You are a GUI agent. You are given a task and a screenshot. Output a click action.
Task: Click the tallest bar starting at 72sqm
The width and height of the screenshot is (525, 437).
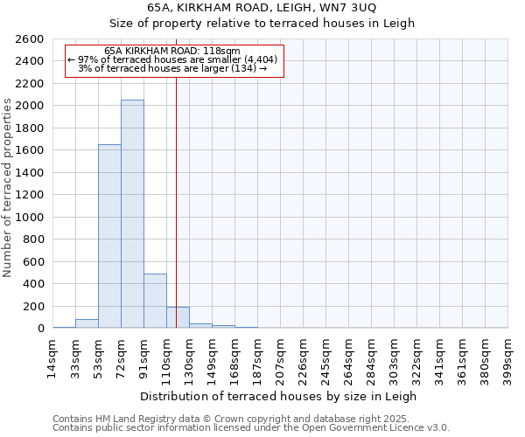click(x=132, y=214)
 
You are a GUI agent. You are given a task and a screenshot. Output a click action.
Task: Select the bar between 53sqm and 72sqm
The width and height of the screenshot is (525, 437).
click(x=109, y=236)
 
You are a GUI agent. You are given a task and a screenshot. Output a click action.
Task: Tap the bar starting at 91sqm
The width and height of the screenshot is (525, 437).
click(x=155, y=301)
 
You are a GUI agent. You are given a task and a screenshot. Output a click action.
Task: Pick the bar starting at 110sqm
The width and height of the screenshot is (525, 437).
click(x=178, y=317)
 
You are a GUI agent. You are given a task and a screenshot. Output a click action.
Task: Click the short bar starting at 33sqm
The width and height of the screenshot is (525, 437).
click(x=87, y=323)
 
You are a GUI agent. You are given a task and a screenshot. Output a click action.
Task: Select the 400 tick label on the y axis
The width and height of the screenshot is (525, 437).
click(x=34, y=284)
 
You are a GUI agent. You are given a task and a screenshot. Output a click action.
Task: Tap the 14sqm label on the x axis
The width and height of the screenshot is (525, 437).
click(x=53, y=358)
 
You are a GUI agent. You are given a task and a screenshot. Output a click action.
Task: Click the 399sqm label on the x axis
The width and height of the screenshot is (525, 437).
click(x=508, y=358)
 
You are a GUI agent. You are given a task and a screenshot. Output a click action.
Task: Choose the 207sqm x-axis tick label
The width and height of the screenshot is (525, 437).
click(x=281, y=358)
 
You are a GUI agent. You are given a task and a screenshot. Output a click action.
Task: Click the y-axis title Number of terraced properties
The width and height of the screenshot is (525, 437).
click(x=9, y=188)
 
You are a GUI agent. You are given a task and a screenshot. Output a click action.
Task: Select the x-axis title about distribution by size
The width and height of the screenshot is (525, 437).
click(x=280, y=396)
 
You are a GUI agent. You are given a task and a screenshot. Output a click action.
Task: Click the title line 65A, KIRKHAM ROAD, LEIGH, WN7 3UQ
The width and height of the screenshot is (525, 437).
click(x=262, y=8)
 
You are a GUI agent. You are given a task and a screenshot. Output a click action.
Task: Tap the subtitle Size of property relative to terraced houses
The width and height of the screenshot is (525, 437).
click(x=262, y=24)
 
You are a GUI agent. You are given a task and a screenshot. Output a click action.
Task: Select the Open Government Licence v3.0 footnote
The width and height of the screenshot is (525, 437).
click(x=251, y=427)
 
